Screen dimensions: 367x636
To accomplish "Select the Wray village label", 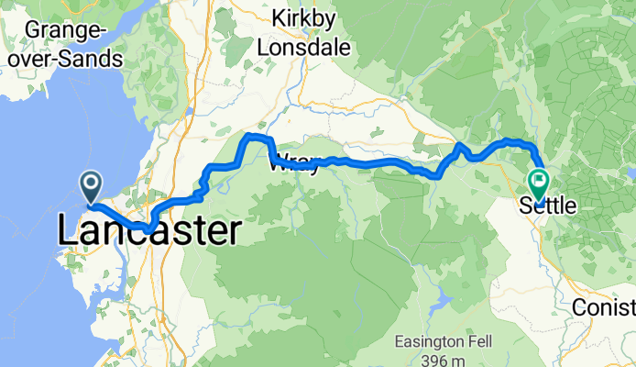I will click(x=295, y=165).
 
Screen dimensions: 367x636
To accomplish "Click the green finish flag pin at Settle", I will click(x=538, y=184).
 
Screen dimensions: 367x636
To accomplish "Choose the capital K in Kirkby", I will click(x=280, y=18).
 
